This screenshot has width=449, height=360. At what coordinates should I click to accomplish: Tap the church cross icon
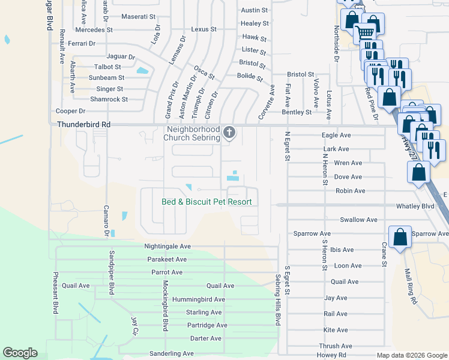pyautogui.click(x=228, y=132)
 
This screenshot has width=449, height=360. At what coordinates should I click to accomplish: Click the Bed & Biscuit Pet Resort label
pyautogui.click(x=206, y=202)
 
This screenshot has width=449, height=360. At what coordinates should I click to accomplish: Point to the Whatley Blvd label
pyautogui.click(x=415, y=206)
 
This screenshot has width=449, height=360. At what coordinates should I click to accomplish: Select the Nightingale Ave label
pyautogui.click(x=167, y=246)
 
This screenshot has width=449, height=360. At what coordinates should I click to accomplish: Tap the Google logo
pyautogui.click(x=20, y=353)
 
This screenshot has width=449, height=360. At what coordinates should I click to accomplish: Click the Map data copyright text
pyautogui.click(x=411, y=355)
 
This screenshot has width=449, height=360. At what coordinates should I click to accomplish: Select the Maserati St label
pyautogui.click(x=139, y=16)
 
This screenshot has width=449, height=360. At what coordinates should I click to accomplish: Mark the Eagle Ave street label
pyautogui.click(x=336, y=136)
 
